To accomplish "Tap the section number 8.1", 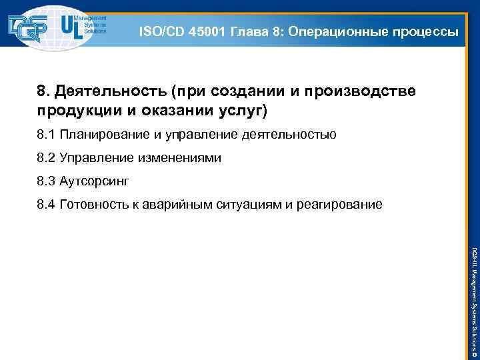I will (45, 135).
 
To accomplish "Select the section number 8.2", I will (45, 158).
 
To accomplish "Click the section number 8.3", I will (45, 181).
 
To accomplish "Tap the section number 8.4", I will (45, 204).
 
